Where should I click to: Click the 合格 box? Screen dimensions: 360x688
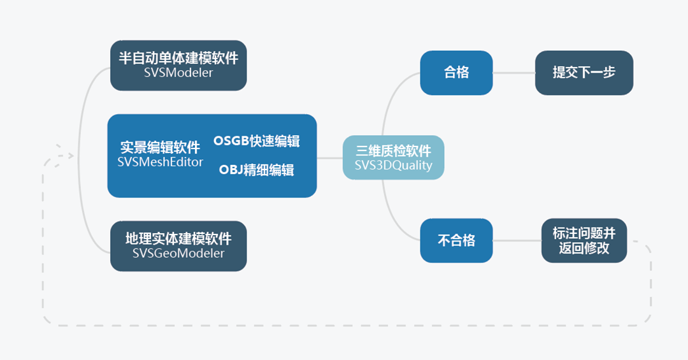(456, 73)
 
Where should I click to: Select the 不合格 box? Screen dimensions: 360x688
(456, 240)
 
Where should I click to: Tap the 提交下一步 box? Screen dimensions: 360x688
(584, 73)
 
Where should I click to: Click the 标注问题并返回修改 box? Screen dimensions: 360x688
(584, 240)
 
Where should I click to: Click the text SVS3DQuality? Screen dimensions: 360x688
(393, 166)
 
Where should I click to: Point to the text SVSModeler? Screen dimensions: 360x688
(178, 73)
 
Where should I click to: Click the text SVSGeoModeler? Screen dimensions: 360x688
(178, 253)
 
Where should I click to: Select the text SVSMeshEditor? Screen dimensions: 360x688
(160, 162)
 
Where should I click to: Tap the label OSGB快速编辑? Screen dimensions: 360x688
(256, 141)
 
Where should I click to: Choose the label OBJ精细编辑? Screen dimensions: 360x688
(256, 170)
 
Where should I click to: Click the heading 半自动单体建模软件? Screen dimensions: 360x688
(178, 59)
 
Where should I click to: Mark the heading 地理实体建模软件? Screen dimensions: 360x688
(178, 239)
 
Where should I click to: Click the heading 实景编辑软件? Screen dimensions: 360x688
(160, 148)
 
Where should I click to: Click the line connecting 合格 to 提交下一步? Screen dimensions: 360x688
(513, 73)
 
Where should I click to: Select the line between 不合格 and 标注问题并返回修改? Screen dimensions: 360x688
(517, 240)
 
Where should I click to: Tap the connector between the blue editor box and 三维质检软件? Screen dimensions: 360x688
(329, 157)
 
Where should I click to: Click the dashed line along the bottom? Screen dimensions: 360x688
(344, 326)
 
